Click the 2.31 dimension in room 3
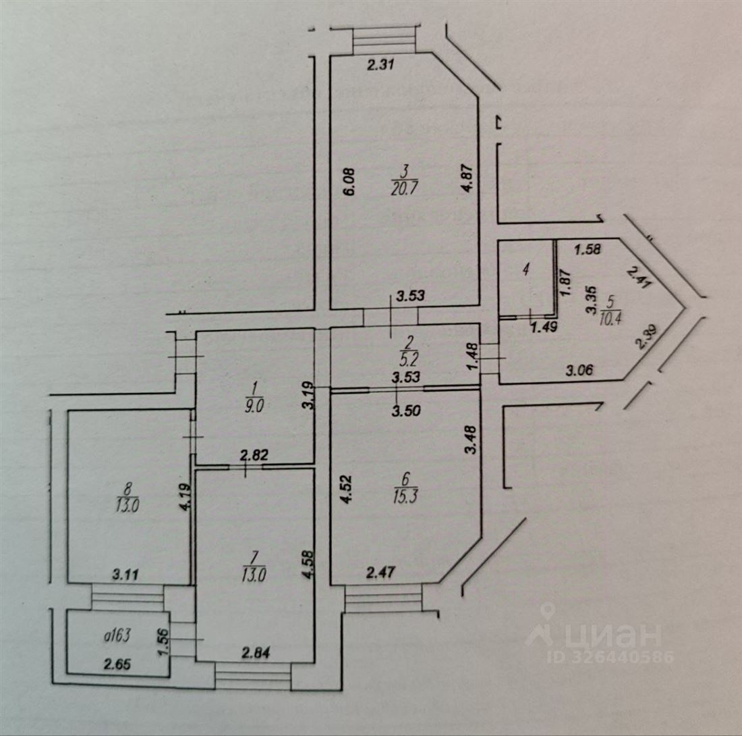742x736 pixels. click(x=379, y=65)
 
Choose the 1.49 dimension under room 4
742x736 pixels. click(x=540, y=328)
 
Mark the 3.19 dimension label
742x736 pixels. click(x=307, y=394)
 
